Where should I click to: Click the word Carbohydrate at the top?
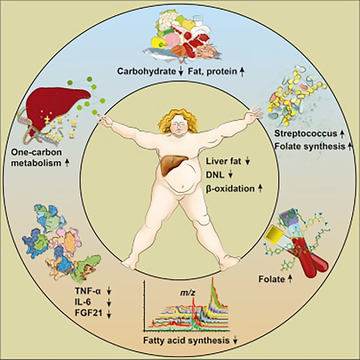click(145, 72)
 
